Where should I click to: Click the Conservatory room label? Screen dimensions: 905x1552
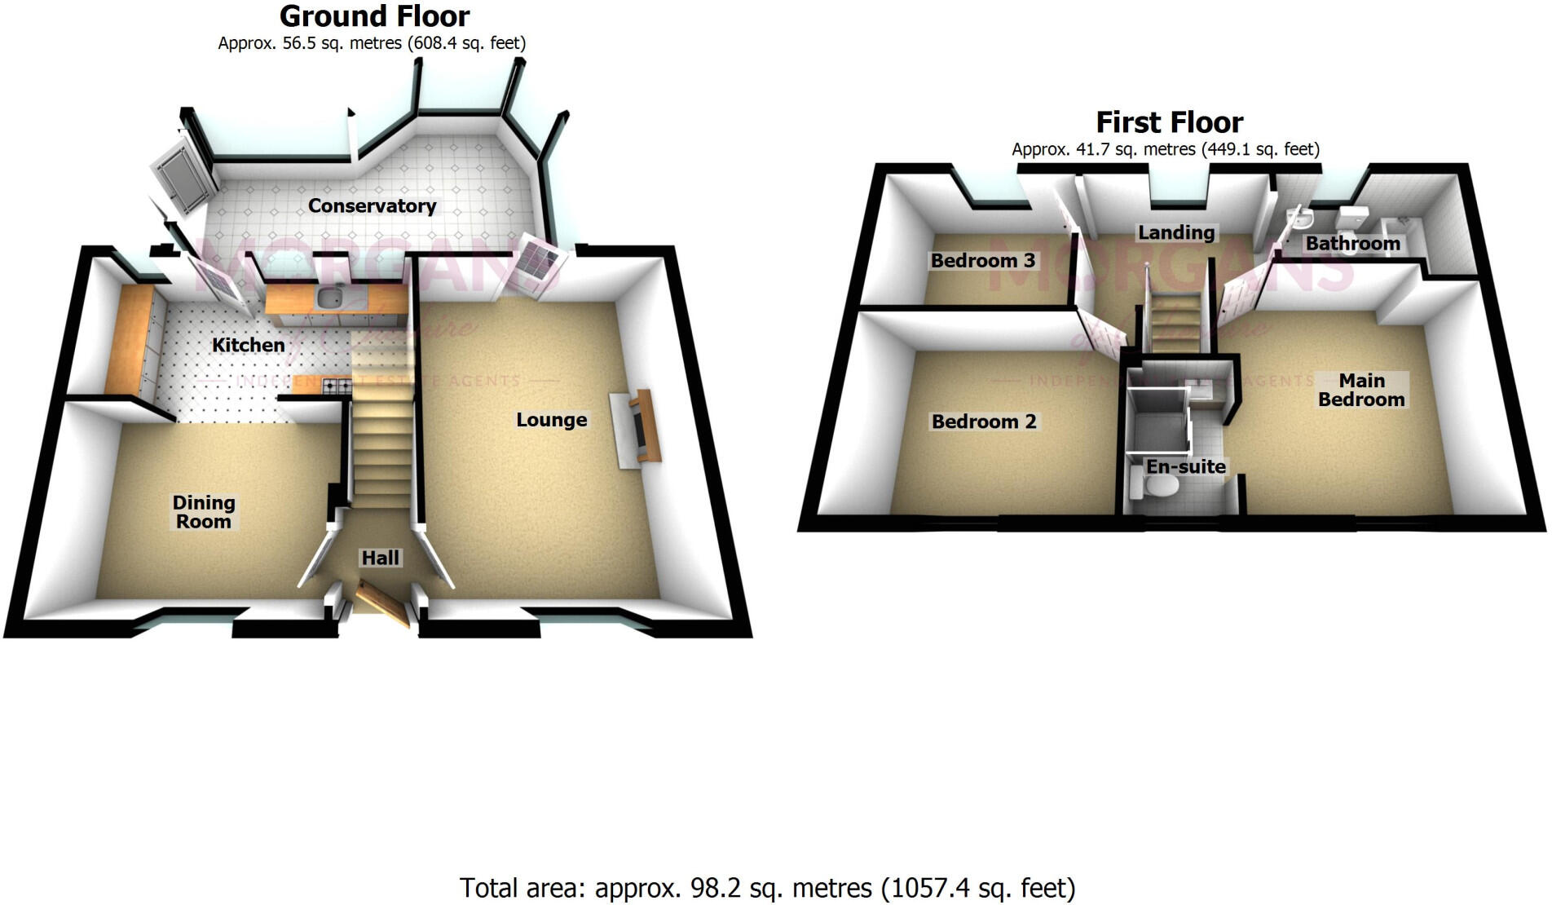[x=372, y=206]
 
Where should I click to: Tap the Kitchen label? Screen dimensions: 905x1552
[x=249, y=346]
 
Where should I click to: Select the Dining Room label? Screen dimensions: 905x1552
[x=204, y=512]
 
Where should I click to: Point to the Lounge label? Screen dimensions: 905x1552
[x=552, y=420]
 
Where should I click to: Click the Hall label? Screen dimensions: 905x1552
[x=381, y=558]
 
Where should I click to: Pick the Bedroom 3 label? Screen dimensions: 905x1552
[x=983, y=261]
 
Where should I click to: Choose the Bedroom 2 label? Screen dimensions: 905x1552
[x=984, y=422]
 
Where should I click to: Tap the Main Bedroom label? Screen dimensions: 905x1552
[x=1361, y=390]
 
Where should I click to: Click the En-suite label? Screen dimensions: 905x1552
[x=1186, y=466]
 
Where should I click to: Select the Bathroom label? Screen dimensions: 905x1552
[x=1352, y=243]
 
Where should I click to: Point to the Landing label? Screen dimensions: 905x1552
[x=1176, y=232]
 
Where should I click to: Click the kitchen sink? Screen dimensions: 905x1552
[x=331, y=299]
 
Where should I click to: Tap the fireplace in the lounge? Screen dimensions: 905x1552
[x=639, y=429]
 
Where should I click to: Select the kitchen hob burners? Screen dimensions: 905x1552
[x=337, y=384]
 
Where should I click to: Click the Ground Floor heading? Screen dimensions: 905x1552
[x=374, y=16]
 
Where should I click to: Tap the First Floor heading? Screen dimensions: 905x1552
[x=1169, y=122]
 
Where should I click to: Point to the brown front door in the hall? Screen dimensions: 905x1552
[x=381, y=604]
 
